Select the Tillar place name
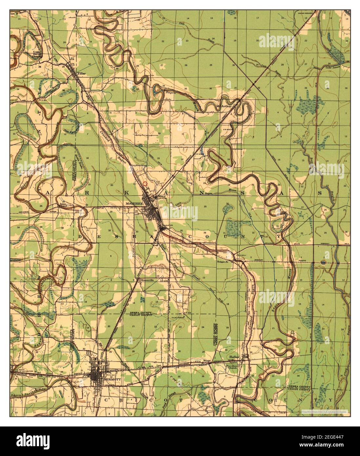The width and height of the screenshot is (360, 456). [81, 74]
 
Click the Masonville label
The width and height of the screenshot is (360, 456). [147, 280]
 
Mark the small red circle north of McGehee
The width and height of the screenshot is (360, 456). [145, 184]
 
